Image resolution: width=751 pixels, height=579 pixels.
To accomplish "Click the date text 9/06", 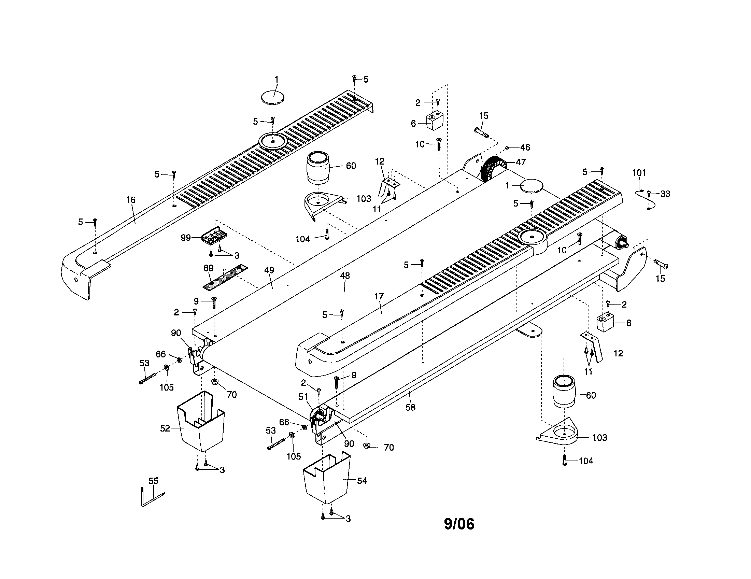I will pyautogui.click(x=459, y=524).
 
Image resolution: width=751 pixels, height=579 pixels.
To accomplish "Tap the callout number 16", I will pyautogui.click(x=131, y=200).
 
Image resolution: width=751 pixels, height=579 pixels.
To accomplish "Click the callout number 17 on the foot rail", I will pyautogui.click(x=379, y=296).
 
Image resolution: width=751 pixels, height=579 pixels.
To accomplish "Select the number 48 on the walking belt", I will pyautogui.click(x=345, y=276).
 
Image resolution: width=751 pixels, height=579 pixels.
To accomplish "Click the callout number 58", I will pyautogui.click(x=411, y=407).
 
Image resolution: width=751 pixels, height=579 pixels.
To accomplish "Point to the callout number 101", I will pyautogui.click(x=639, y=173).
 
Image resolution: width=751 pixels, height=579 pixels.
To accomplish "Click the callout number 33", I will pyautogui.click(x=665, y=194).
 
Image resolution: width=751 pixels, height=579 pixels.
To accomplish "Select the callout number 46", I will pyautogui.click(x=525, y=147).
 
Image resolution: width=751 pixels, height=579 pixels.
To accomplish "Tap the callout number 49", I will pyautogui.click(x=269, y=270).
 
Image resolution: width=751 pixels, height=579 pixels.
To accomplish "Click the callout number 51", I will pyautogui.click(x=303, y=397).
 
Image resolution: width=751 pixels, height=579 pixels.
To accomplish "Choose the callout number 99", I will pyautogui.click(x=186, y=238).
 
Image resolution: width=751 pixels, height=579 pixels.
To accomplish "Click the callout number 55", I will pyautogui.click(x=153, y=481).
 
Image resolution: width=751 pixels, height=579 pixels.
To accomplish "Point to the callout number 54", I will pyautogui.click(x=362, y=481).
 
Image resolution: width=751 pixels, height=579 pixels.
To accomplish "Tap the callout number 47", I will pyautogui.click(x=521, y=162).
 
